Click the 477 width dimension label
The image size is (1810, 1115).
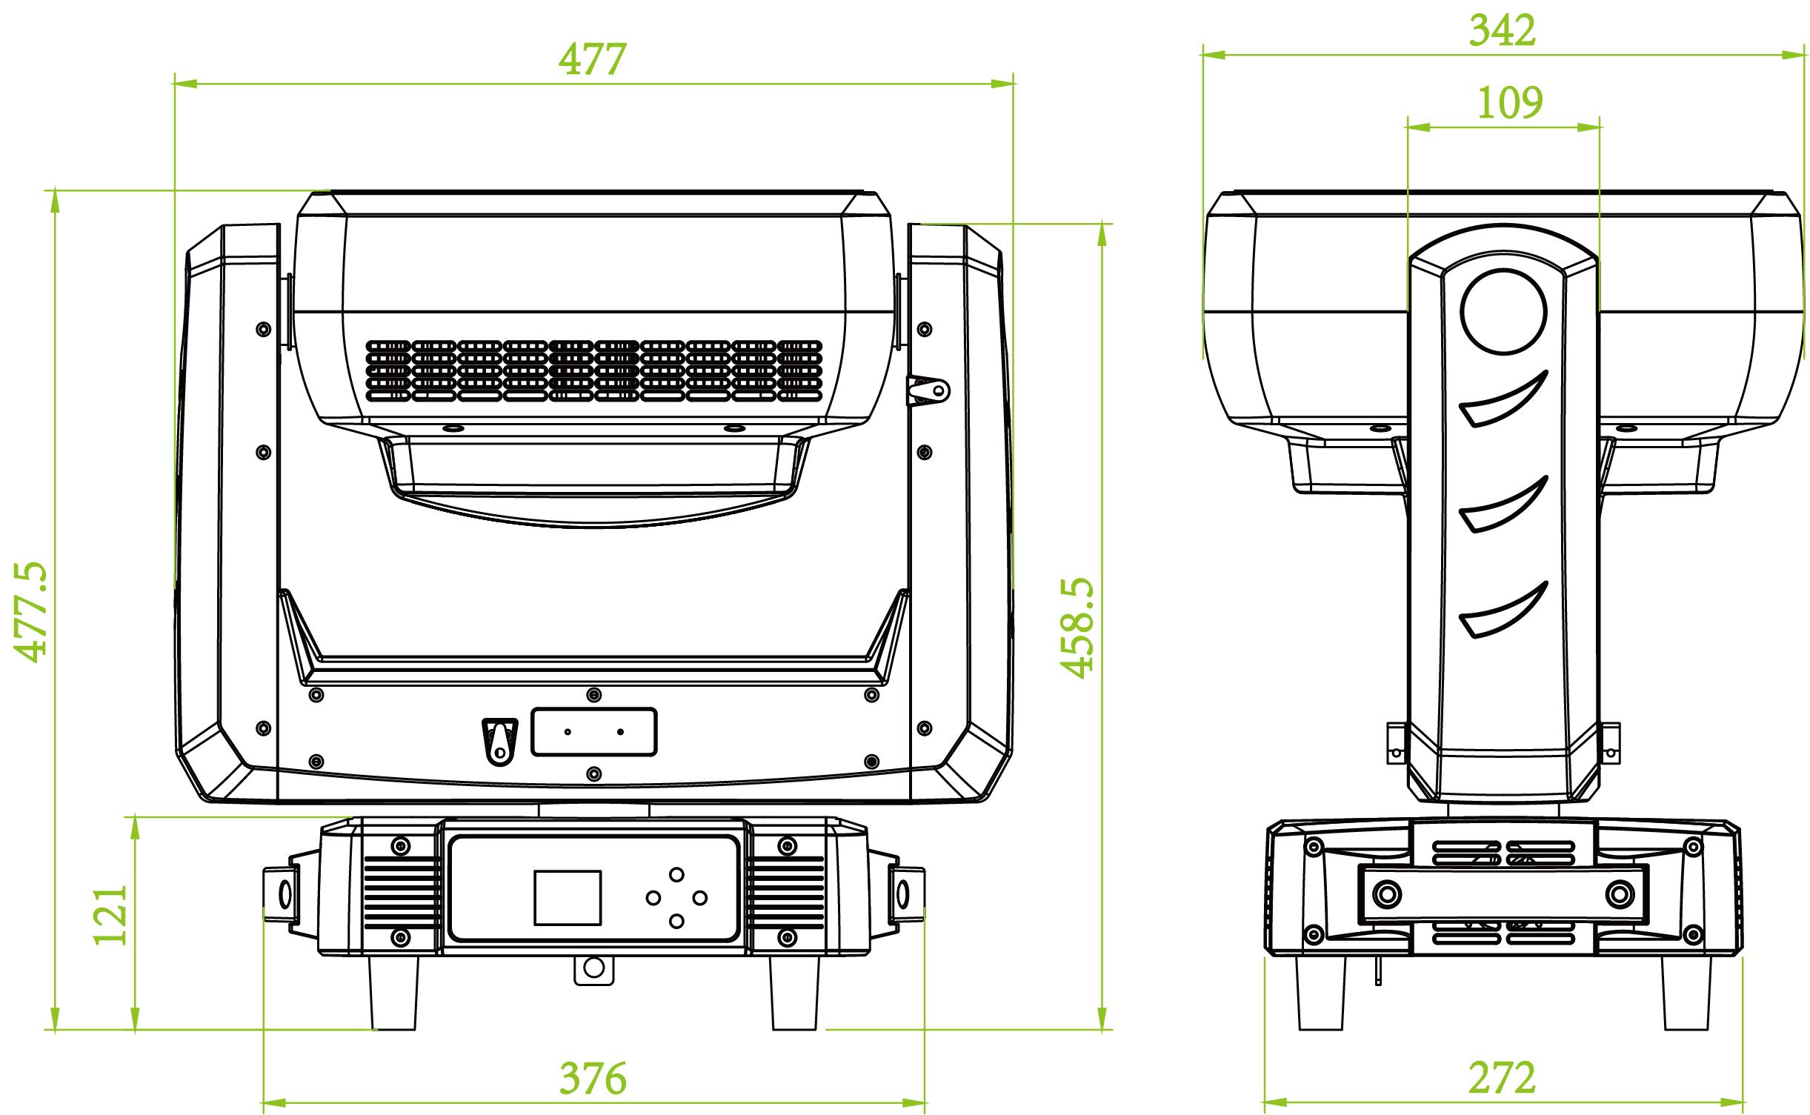pyautogui.click(x=593, y=59)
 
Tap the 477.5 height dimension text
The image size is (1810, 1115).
pyautogui.click(x=33, y=611)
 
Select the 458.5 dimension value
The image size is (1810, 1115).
pyautogui.click(x=1077, y=628)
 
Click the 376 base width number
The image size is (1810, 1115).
pyautogui.click(x=593, y=1079)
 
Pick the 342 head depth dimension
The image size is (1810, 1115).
pyautogui.click(x=1503, y=31)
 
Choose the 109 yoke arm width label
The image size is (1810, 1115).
pyautogui.click(x=1510, y=102)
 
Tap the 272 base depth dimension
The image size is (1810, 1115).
pyautogui.click(x=1502, y=1079)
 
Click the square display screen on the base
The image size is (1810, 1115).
pyautogui.click(x=568, y=897)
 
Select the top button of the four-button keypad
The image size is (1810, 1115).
pyautogui.click(x=676, y=874)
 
